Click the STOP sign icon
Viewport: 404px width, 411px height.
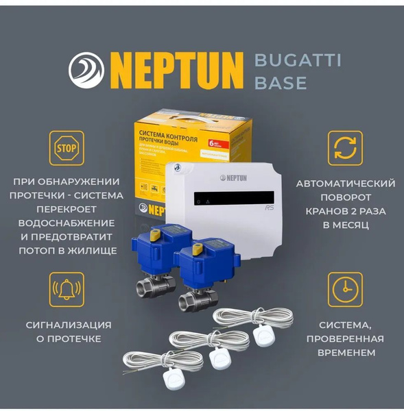(x=66, y=147)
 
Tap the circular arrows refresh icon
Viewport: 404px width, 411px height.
(x=345, y=147)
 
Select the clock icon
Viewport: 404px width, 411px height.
(x=345, y=289)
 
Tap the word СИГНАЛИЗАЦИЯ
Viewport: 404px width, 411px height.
(x=68, y=325)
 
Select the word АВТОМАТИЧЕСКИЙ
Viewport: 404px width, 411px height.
(x=345, y=184)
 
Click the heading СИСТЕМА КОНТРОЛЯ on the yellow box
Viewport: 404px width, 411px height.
(x=174, y=132)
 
